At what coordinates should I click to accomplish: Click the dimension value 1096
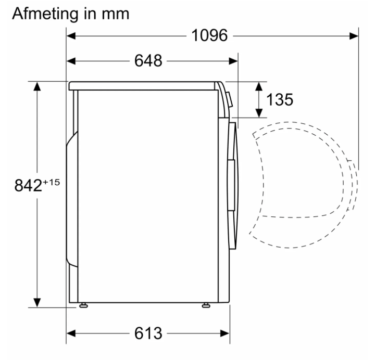point(209,35)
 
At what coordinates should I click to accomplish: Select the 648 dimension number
point(148,61)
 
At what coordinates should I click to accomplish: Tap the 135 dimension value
point(280,99)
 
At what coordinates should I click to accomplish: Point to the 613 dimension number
point(148,333)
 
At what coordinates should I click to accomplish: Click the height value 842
point(28,185)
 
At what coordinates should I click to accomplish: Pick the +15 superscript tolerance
point(51,182)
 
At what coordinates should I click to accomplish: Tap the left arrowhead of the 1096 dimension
point(71,36)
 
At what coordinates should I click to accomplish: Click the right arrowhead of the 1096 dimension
point(354,36)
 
